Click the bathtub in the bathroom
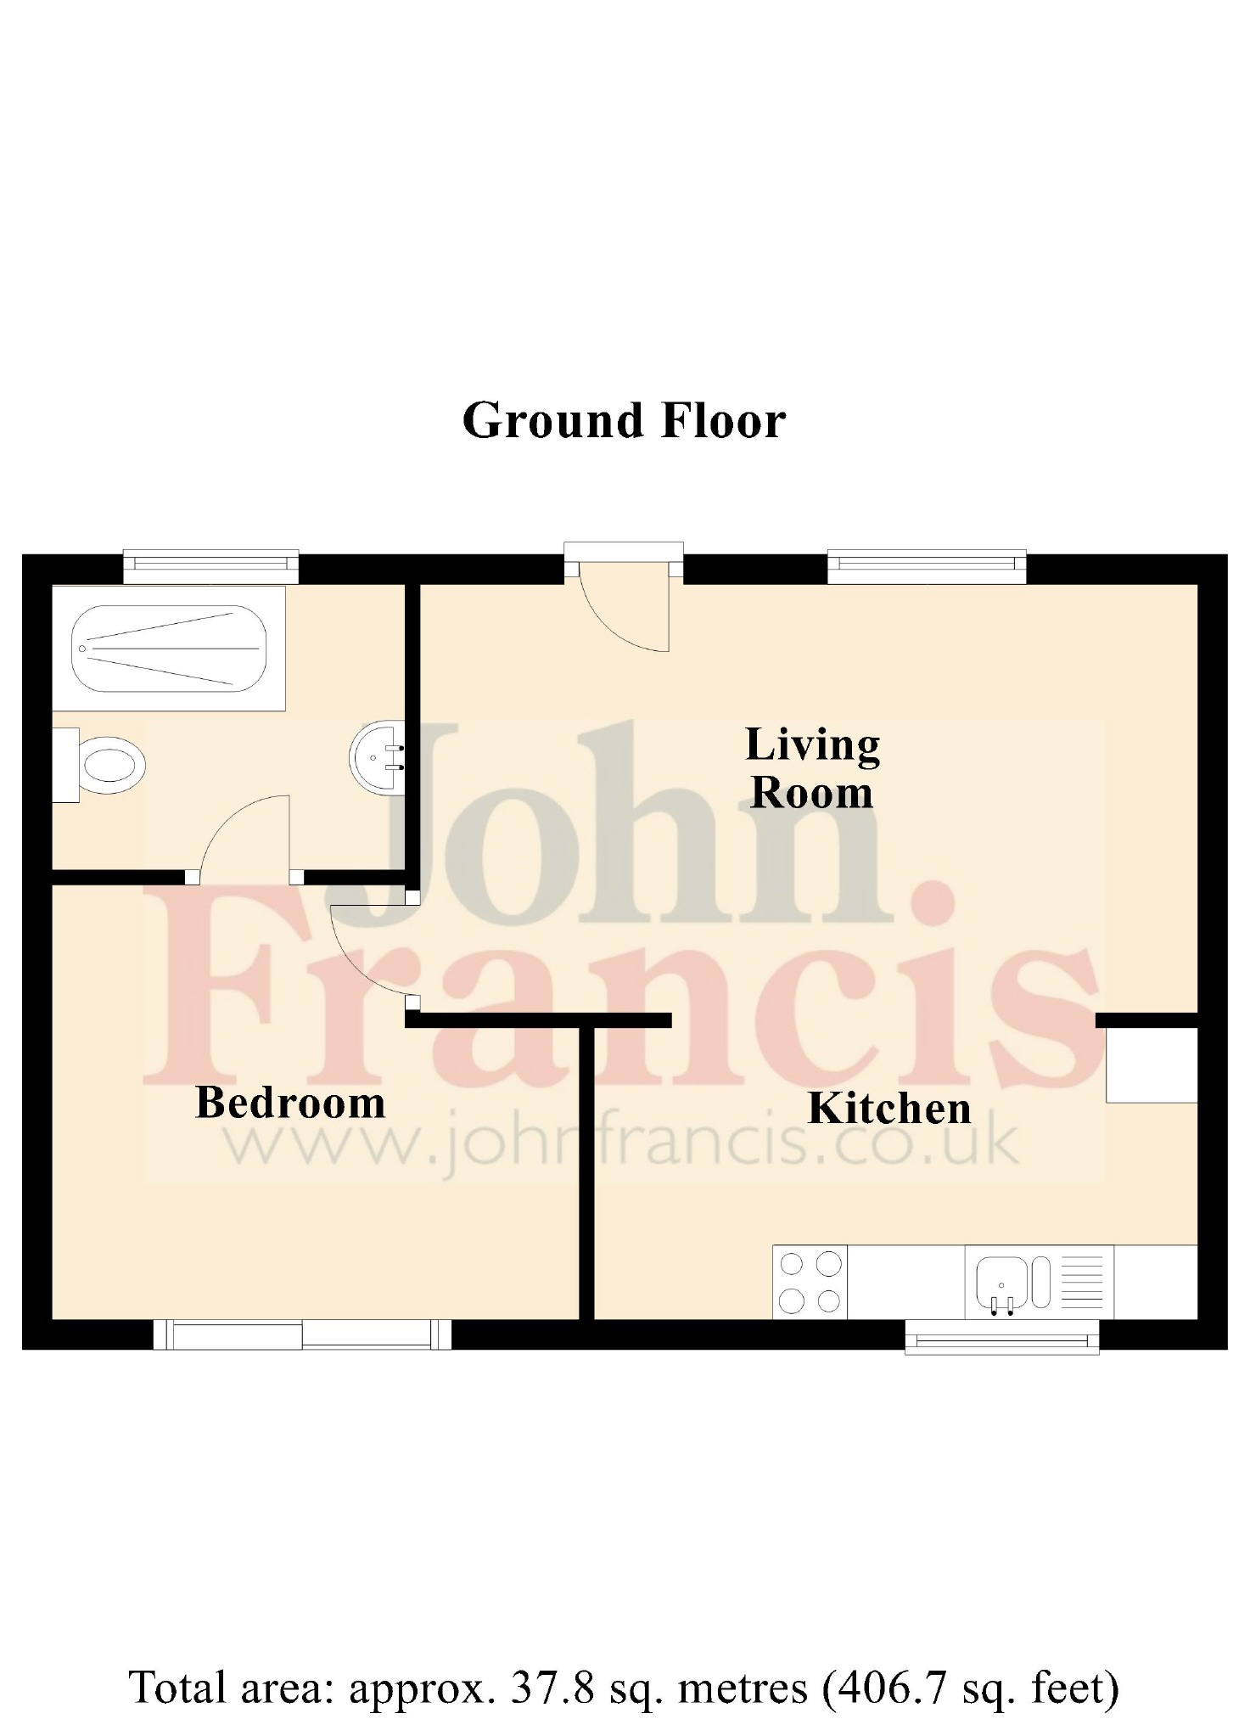(169, 649)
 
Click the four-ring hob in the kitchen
(810, 1282)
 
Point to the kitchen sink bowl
(1002, 1278)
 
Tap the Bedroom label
(290, 1104)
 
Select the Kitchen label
(889, 1109)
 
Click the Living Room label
(812, 768)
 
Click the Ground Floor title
(624, 420)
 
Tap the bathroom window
(210, 567)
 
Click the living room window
(927, 567)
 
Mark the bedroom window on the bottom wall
(302, 1334)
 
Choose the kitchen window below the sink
(1002, 1337)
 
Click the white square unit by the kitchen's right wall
(1152, 1065)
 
